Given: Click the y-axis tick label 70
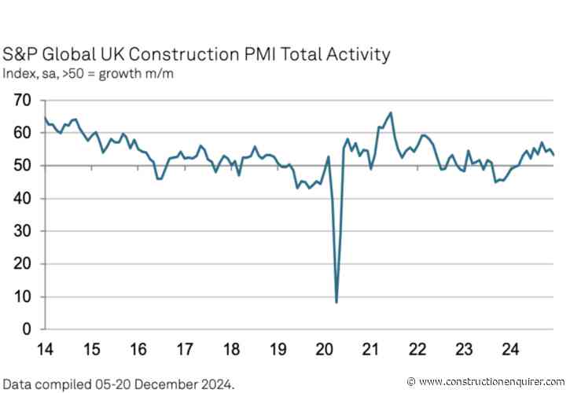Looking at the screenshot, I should (21, 101).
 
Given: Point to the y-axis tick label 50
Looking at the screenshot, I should (21, 166).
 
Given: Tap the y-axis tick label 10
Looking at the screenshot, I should (21, 296).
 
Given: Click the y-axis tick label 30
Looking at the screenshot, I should (21, 231).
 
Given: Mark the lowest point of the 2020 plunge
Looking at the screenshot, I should (336, 302).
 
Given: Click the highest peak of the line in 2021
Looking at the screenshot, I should (391, 112).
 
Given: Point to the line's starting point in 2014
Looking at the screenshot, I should (43, 117).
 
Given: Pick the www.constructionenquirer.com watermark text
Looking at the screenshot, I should (492, 380).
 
